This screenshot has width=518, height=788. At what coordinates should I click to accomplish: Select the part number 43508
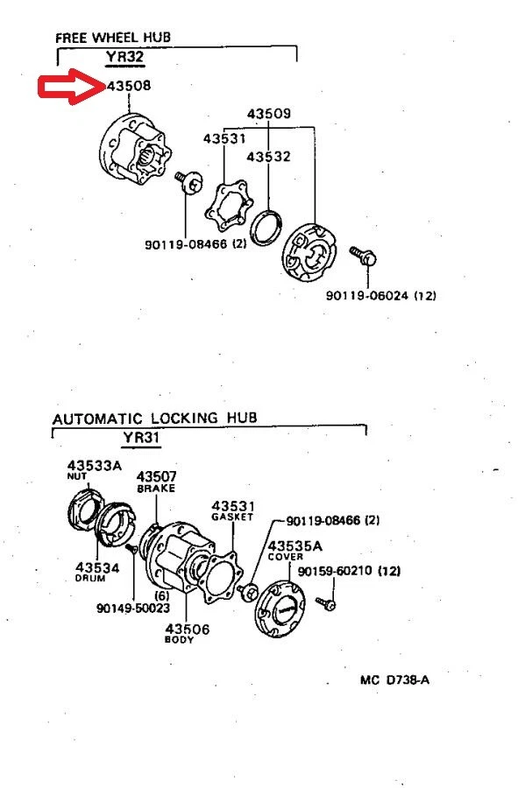(128, 88)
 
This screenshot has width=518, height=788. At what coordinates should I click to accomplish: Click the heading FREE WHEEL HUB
(112, 38)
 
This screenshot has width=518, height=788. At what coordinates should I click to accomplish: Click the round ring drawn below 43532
(266, 226)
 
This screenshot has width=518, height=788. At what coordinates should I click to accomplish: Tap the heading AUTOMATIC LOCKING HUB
(155, 418)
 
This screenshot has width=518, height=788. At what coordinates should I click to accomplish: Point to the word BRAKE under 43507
(156, 489)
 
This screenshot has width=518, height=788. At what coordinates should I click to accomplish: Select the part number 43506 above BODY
(187, 629)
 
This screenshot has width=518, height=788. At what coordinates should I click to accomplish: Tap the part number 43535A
(294, 545)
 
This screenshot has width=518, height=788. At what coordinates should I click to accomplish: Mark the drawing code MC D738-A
(394, 679)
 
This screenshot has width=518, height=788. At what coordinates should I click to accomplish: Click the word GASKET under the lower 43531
(231, 517)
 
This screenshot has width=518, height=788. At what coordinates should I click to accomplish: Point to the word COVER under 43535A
(285, 557)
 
